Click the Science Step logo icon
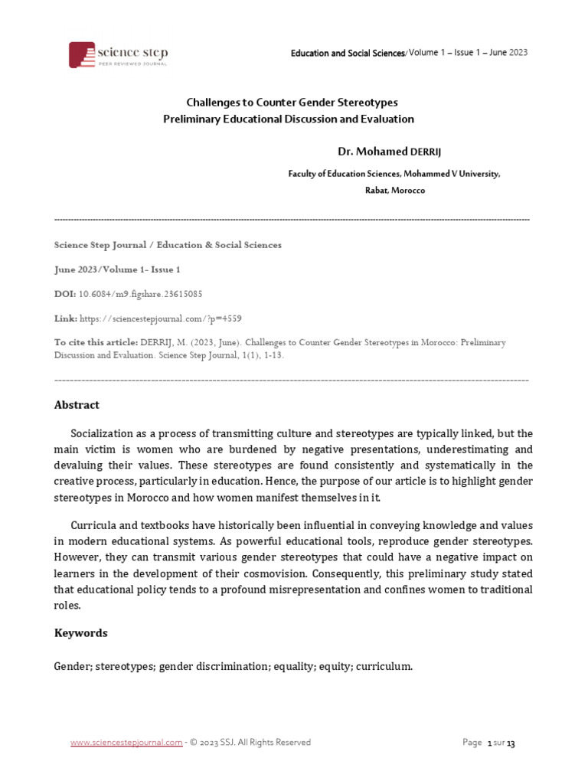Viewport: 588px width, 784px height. [82, 54]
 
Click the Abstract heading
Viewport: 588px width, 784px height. [77, 405]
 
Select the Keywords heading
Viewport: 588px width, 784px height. [80, 633]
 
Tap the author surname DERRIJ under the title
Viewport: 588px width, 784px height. [428, 152]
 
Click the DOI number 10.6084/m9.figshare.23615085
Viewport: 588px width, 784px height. [140, 293]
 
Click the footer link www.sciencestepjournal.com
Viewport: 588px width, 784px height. [126, 742]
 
